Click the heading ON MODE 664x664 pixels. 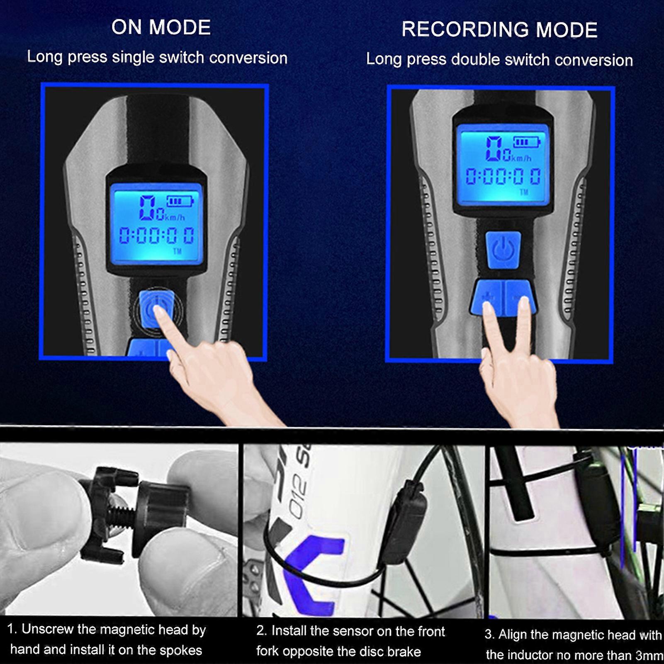point(161,27)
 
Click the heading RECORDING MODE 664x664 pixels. point(499,30)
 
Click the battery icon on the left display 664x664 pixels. point(180,202)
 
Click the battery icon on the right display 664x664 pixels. point(527,142)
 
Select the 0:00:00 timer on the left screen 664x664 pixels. point(156,236)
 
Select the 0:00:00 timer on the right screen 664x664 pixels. point(503,177)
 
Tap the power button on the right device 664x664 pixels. point(503,250)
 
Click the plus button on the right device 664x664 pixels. point(488,297)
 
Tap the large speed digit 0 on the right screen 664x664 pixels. point(494,148)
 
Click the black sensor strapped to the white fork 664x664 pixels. point(409,523)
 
